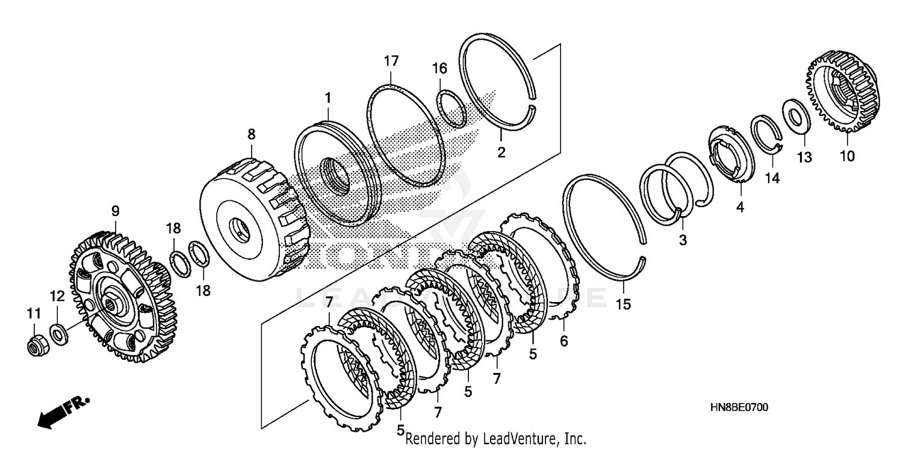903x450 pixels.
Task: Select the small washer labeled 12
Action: (x=59, y=332)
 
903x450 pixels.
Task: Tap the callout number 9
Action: (x=115, y=211)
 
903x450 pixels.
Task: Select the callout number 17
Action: (x=391, y=61)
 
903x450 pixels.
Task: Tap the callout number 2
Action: (x=501, y=152)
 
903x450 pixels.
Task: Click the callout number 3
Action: (x=682, y=240)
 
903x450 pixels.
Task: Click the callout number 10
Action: (x=846, y=156)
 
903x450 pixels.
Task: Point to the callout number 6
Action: (x=563, y=341)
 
